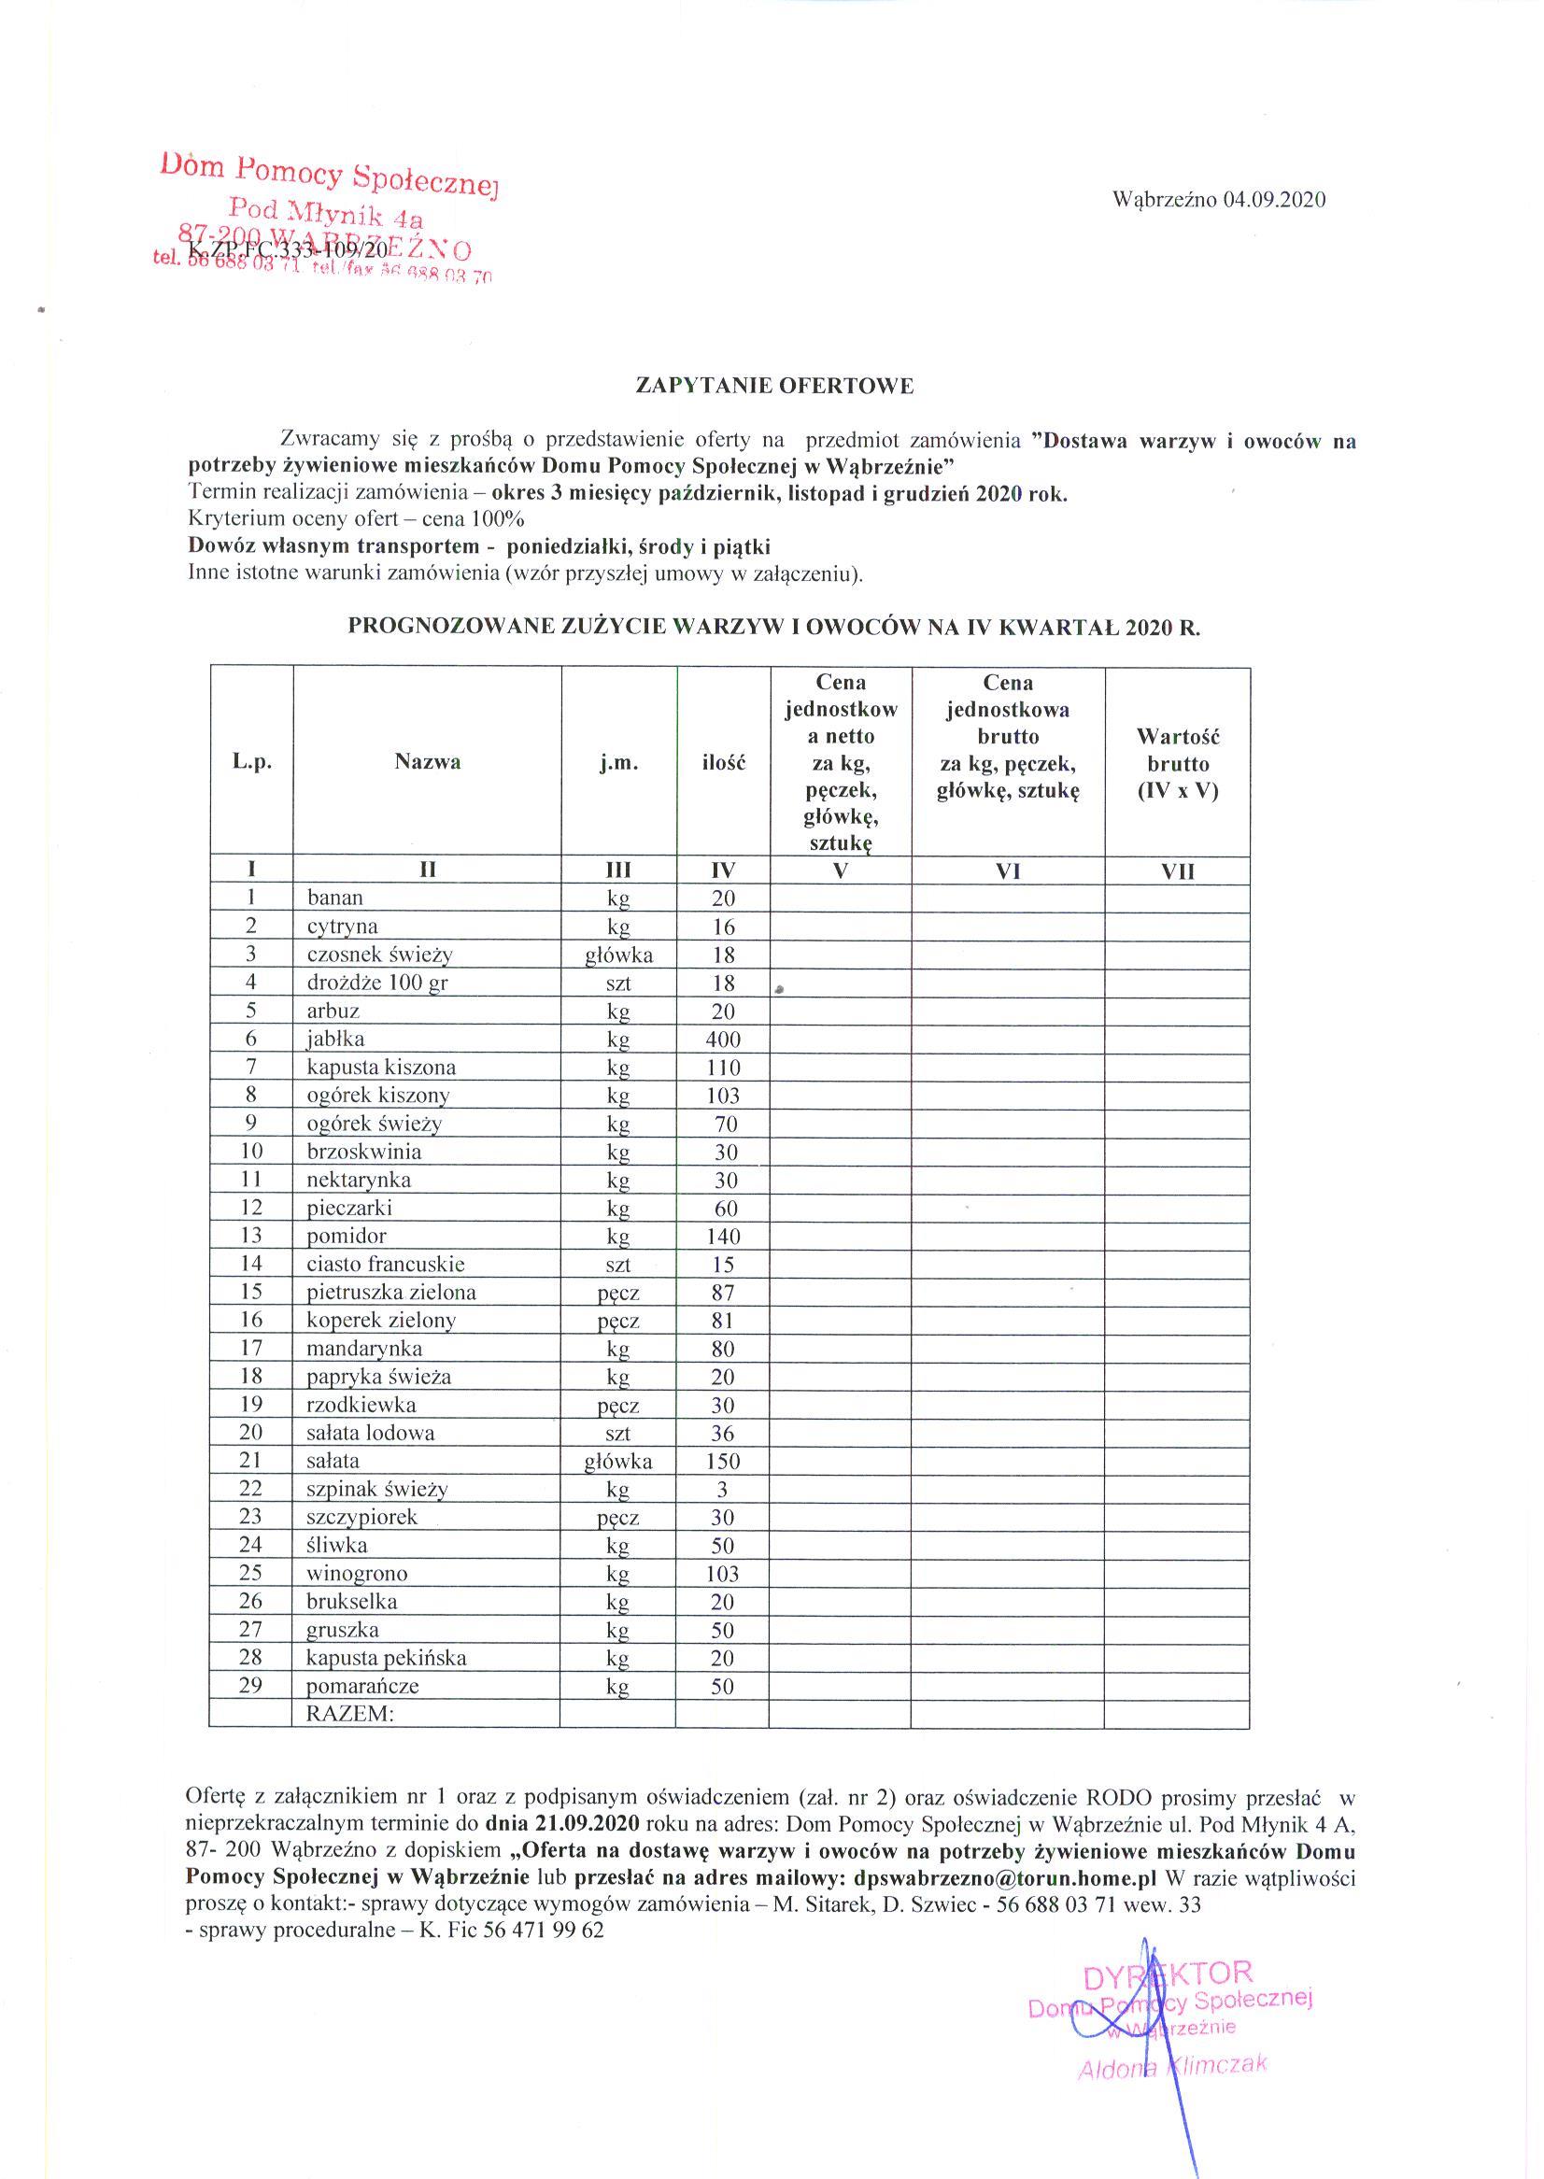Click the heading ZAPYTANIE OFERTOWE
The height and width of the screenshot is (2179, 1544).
tap(774, 386)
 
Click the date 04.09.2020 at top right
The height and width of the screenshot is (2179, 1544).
tap(1274, 200)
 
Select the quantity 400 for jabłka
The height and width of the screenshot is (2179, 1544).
tap(723, 1040)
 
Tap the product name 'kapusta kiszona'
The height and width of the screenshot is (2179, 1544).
tap(380, 1068)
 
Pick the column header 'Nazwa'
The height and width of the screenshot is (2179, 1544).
tap(428, 761)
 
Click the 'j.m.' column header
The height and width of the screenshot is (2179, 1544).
tap(618, 762)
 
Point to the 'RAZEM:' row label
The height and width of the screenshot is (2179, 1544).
tap(349, 1713)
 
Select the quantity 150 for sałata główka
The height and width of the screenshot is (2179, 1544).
tap(723, 1461)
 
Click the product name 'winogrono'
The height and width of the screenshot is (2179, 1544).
tap(357, 1574)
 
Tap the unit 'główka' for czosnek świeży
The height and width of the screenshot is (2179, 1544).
tap(618, 955)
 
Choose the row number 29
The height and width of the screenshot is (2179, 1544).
tap(250, 1685)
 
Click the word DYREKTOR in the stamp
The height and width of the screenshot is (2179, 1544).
tap(1169, 1973)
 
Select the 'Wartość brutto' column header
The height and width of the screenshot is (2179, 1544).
tap(1177, 762)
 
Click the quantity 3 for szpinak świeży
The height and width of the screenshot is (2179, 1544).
tap(723, 1490)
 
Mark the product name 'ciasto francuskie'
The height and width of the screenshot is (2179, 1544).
tap(385, 1265)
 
